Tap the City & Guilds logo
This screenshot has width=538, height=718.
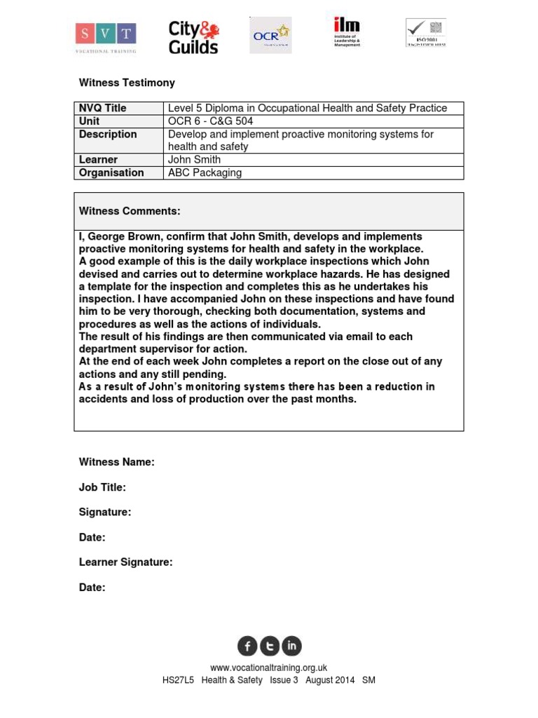[193, 37]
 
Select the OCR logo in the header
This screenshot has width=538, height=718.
[270, 35]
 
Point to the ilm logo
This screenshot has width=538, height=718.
[347, 32]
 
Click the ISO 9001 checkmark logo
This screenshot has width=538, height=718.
[426, 33]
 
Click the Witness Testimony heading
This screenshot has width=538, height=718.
[127, 83]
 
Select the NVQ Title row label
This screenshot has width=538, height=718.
[102, 108]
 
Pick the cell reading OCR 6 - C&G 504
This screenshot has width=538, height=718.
[211, 121]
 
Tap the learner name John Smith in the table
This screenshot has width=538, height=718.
[194, 160]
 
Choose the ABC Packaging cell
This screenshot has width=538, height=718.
[205, 172]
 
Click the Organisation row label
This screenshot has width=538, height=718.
[111, 172]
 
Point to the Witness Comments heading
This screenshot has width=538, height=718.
[130, 211]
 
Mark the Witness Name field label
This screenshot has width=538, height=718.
[116, 462]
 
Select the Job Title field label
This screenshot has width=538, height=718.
[102, 487]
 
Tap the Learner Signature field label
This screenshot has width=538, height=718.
[125, 562]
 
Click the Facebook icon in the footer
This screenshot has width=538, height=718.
[247, 646]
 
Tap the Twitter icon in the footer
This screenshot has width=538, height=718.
[270, 646]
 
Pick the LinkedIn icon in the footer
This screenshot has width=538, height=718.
[291, 646]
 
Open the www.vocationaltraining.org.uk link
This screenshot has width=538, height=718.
[269, 668]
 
